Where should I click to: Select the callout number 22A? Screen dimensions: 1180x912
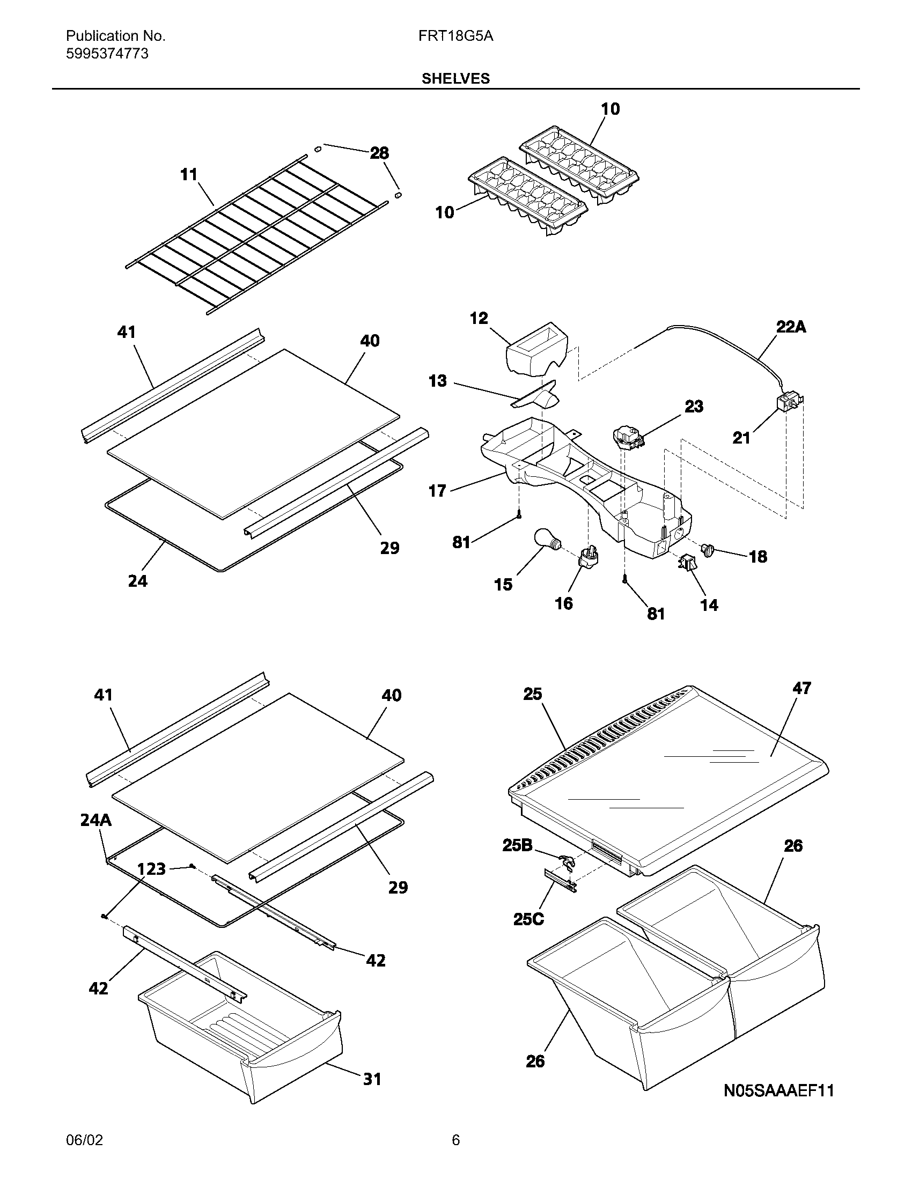791,327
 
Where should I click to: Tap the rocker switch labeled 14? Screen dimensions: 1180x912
687,564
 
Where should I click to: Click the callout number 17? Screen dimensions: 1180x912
437,491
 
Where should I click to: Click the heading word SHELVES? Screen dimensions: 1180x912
455,78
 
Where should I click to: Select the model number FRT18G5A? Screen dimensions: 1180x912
455,36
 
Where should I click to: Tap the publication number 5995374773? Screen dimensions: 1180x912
107,54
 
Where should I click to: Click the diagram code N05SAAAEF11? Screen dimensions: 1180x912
778,1090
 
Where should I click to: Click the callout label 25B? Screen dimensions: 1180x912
517,845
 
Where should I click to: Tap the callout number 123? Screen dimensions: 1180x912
151,869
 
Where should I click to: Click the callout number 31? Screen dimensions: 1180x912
372,1079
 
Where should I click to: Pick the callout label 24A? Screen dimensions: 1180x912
95,820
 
